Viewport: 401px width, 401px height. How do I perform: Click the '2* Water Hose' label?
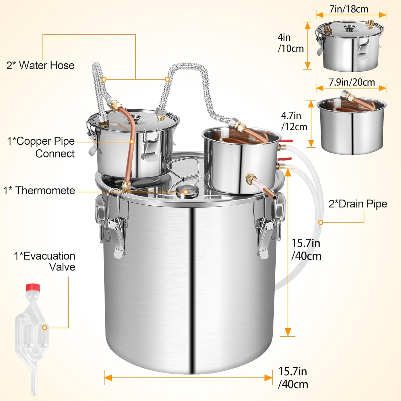(40, 65)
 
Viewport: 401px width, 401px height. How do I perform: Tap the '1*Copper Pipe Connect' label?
(41, 147)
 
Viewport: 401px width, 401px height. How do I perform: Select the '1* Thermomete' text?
(39, 191)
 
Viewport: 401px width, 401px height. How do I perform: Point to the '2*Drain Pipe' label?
(358, 204)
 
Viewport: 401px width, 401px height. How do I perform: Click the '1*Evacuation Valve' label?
(45, 261)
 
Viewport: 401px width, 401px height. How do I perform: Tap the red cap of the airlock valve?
(33, 288)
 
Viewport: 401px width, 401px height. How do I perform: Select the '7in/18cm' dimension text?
(349, 9)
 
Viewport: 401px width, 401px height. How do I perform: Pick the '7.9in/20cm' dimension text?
(352, 82)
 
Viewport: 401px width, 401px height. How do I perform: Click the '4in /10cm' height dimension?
(290, 43)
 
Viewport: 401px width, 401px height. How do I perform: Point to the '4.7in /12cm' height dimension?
(294, 121)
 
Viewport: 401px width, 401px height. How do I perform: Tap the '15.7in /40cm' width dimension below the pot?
(293, 378)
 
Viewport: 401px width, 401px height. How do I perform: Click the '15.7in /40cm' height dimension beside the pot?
(306, 249)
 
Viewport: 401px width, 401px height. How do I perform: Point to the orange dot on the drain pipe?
(321, 222)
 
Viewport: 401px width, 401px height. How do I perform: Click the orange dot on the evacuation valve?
(45, 327)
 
